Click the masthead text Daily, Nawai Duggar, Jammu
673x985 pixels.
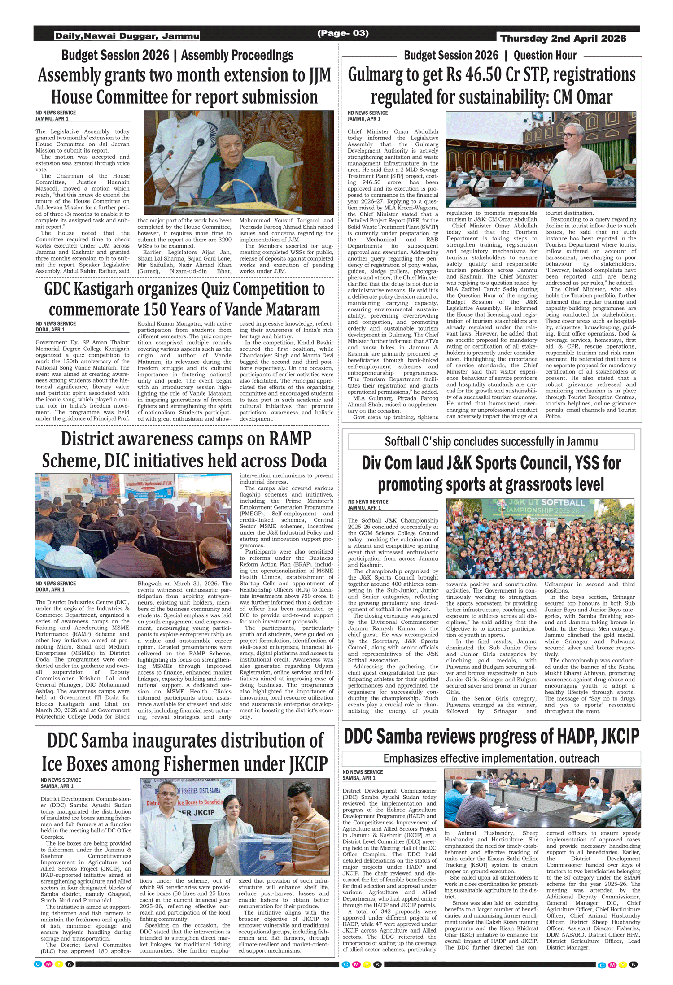coord(127,36)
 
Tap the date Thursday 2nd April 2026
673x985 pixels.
coord(563,39)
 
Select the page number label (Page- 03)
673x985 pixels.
coord(343,33)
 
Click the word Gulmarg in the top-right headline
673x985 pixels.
coord(375,75)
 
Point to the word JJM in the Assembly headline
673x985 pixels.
coord(319,75)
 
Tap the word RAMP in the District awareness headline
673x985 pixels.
coord(290,439)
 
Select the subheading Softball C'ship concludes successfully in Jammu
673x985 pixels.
coord(491,441)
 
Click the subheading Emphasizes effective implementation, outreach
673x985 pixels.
coord(491,758)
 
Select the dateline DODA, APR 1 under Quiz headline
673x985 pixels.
coord(50,330)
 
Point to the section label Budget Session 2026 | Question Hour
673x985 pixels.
coord(490,56)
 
